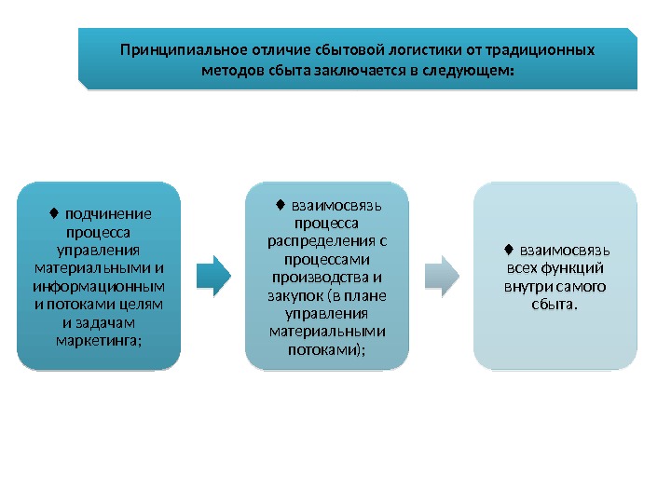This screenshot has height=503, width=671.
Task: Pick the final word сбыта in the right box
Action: (558, 305)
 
